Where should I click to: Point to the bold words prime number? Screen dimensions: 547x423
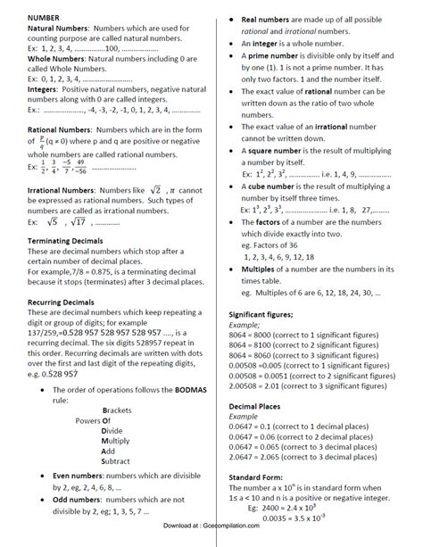[268, 55]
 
